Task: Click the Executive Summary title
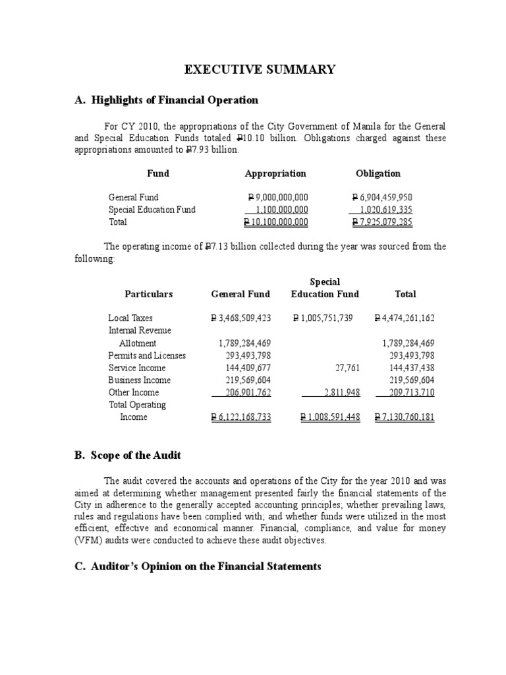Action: (x=260, y=70)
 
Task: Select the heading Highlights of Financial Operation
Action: (x=167, y=100)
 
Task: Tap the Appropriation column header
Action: (x=275, y=173)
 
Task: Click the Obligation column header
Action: (x=378, y=173)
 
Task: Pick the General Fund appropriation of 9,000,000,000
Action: (x=277, y=197)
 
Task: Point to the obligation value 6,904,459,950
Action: (x=382, y=197)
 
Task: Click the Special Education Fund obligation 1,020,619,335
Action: (x=382, y=210)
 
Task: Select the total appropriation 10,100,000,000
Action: (x=276, y=222)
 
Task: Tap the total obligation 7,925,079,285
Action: (x=382, y=222)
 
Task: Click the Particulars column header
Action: (x=149, y=294)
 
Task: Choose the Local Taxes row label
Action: (x=130, y=318)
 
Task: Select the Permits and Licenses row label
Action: (x=147, y=355)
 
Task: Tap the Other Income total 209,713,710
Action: (x=405, y=393)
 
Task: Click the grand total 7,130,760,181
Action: (x=404, y=418)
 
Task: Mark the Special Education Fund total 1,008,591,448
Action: (x=330, y=418)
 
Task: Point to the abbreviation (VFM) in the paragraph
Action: (x=121, y=541)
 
